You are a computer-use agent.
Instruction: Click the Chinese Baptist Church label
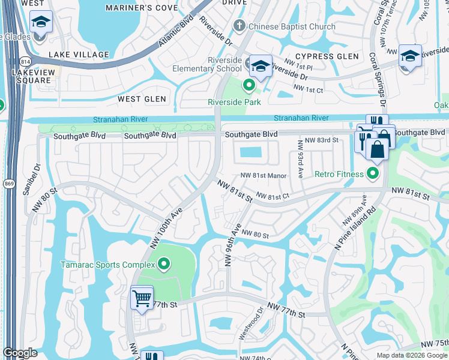click(293, 26)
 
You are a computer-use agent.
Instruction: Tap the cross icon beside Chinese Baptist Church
click(240, 26)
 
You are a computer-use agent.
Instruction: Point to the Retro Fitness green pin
click(373, 175)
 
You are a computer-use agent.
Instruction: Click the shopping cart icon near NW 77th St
click(142, 297)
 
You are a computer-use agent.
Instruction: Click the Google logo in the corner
click(20, 353)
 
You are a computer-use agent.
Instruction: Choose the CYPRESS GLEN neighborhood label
click(327, 56)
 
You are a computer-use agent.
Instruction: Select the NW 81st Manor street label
click(264, 176)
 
